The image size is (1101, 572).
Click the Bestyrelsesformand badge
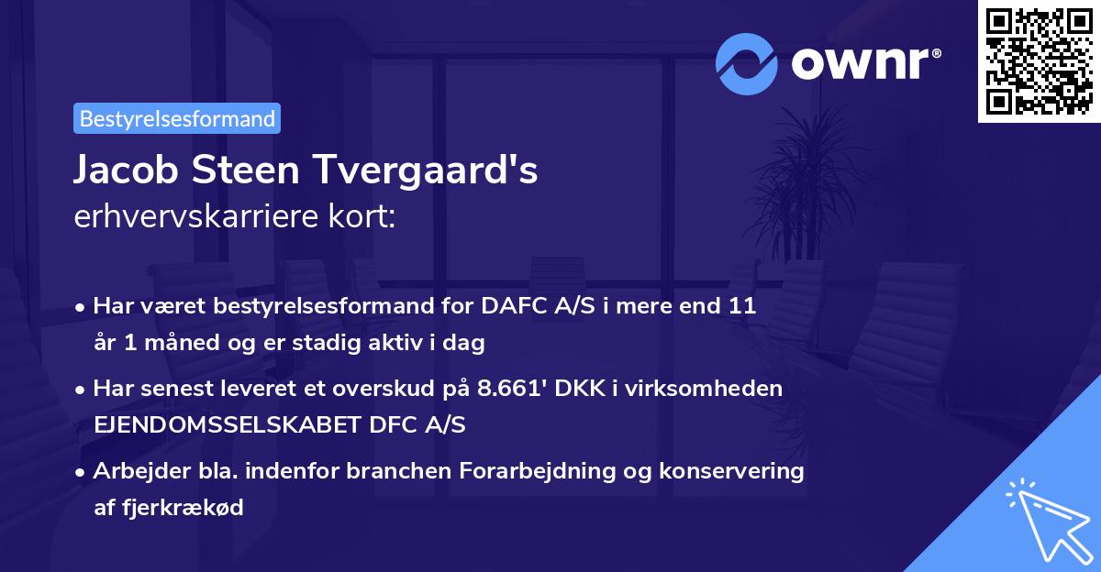pos(177,118)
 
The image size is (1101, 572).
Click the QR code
pos(1038,60)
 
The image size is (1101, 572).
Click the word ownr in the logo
pos(862,62)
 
